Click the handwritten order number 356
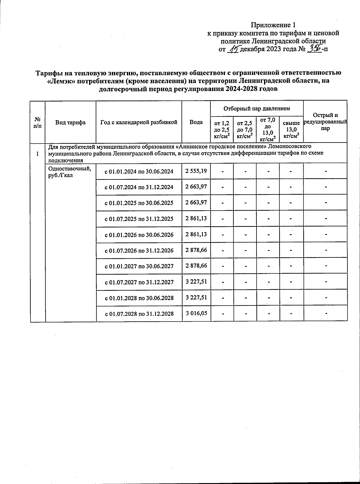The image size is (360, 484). (x=315, y=49)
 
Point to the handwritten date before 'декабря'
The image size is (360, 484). (x=233, y=49)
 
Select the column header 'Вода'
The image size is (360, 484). (x=196, y=122)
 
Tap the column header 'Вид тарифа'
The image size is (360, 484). (x=70, y=122)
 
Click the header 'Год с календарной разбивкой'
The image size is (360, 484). (x=139, y=122)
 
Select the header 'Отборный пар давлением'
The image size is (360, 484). (x=257, y=108)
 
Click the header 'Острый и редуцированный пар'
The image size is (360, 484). (x=325, y=122)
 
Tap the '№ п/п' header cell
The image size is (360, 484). (x=37, y=122)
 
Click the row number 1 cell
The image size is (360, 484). (x=37, y=154)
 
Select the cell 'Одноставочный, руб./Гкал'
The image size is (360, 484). (x=69, y=171)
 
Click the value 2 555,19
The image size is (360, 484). (x=196, y=171)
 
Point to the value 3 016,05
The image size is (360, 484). (x=196, y=313)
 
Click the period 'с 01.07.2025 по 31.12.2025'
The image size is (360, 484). (x=139, y=219)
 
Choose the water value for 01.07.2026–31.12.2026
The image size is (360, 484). (x=196, y=250)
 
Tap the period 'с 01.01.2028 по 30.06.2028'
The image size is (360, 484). (x=139, y=298)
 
